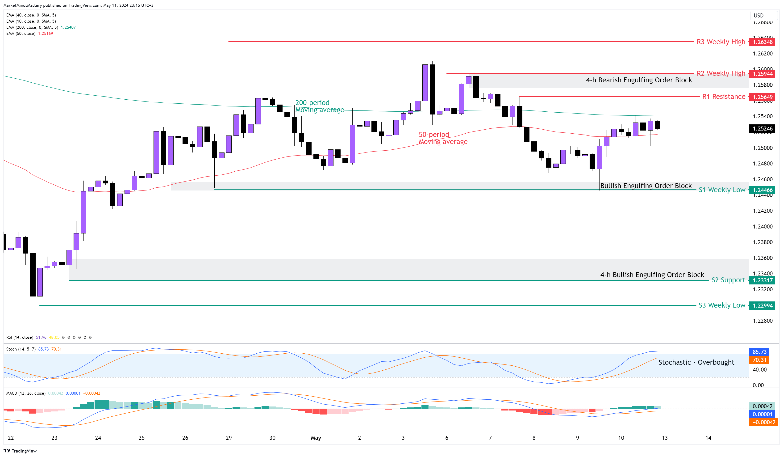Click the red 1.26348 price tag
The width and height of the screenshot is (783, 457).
tap(762, 42)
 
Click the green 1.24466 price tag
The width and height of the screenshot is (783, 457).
tap(762, 190)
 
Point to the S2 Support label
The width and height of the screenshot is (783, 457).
tap(728, 280)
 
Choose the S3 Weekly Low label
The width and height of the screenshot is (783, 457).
tap(721, 305)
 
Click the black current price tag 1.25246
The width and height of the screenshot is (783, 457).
tap(762, 128)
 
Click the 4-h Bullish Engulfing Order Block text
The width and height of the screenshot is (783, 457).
tap(652, 275)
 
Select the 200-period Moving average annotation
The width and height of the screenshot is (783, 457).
tap(319, 106)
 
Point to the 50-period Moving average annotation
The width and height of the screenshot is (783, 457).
tap(443, 138)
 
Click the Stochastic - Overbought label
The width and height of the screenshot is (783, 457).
tap(696, 362)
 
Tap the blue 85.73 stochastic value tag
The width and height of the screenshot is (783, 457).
tap(759, 352)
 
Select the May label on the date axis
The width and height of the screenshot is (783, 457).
tap(316, 438)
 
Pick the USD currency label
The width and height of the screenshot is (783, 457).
tap(758, 16)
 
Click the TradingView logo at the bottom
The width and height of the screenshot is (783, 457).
tap(20, 451)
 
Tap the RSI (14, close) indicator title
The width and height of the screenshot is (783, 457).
tap(20, 337)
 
